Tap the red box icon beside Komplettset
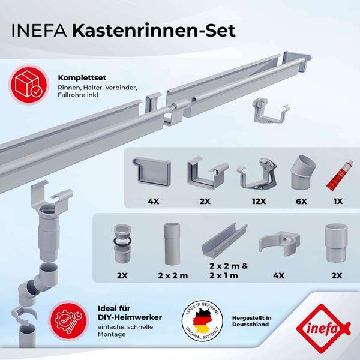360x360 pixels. click(x=28, y=83)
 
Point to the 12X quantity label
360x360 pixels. click(x=259, y=202)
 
